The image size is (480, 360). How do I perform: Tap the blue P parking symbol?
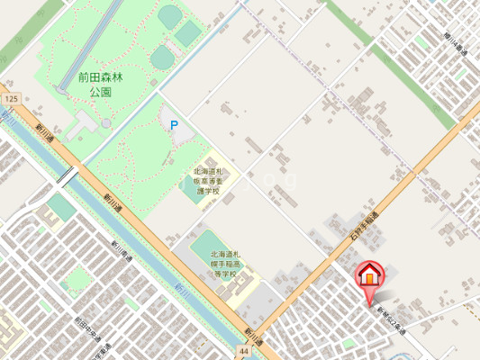[x=174, y=125]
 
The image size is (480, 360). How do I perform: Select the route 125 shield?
[x=10, y=97]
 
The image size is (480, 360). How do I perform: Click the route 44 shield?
[x=244, y=349]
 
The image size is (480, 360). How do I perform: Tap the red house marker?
[x=369, y=275]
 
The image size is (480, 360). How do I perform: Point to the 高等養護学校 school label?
[x=213, y=181]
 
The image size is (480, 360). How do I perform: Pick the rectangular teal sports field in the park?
[x=187, y=34]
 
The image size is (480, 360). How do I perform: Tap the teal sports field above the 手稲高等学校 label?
[x=206, y=243]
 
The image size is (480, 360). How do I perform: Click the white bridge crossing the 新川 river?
[x=67, y=176]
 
